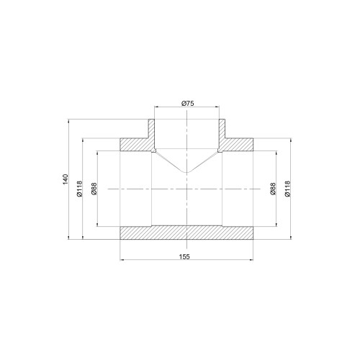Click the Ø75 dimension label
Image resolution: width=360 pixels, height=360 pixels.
tap(188, 104)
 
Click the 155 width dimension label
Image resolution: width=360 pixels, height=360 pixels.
tap(184, 256)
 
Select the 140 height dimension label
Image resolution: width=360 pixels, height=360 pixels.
tap(66, 179)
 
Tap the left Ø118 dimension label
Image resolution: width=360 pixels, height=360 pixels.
tap(80, 189)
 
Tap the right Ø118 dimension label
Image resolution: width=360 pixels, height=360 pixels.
tap(287, 189)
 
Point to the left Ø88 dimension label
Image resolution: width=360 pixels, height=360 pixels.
tap(94, 189)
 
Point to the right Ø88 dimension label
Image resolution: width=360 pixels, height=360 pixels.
tap(273, 189)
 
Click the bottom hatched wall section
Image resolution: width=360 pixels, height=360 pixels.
tap(186, 233)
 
